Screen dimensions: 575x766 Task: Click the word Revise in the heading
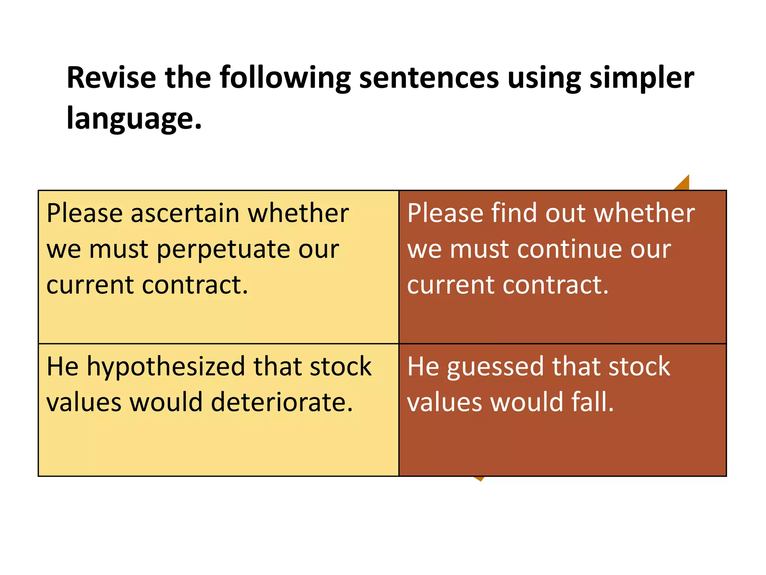click(x=111, y=77)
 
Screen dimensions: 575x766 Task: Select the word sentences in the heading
click(x=429, y=77)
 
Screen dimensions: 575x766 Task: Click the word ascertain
click(x=185, y=213)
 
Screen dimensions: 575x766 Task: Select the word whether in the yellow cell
click(x=298, y=213)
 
